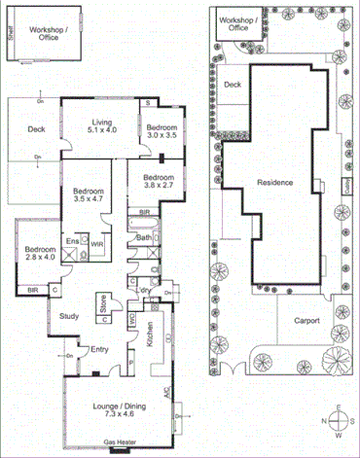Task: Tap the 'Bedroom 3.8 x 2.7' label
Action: click(157, 182)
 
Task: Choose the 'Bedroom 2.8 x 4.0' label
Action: click(40, 253)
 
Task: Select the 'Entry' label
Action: click(100, 349)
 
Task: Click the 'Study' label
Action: click(68, 316)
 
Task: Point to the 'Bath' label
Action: click(143, 237)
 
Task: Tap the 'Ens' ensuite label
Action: click(72, 240)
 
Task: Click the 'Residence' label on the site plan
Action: click(275, 183)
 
